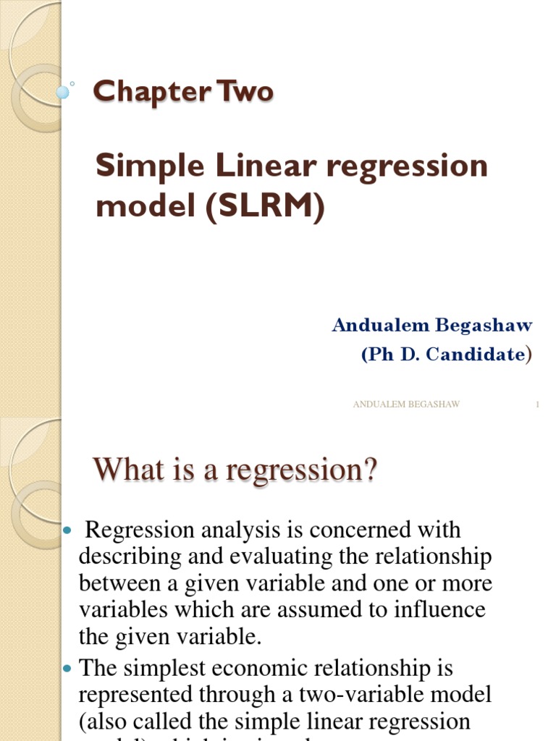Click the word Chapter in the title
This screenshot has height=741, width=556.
pos(142,92)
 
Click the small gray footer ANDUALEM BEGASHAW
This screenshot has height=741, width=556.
pos(406,405)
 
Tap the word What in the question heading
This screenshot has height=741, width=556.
pos(125,470)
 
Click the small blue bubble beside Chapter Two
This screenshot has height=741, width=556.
pos(63,92)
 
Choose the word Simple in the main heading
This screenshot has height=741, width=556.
pos(138,166)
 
